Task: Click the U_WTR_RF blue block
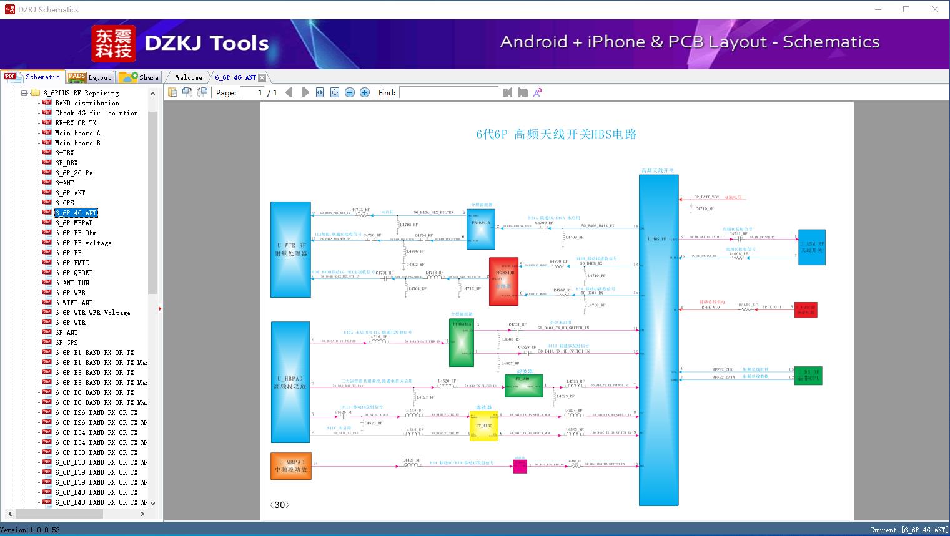click(x=290, y=250)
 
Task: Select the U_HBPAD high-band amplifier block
click(x=290, y=382)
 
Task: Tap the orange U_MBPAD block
click(x=291, y=466)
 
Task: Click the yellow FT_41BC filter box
click(x=484, y=426)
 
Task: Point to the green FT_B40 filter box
click(x=523, y=386)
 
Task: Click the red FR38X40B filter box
click(x=503, y=281)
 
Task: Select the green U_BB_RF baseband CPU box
click(x=809, y=376)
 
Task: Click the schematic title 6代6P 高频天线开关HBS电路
click(x=557, y=134)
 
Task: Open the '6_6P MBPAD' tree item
click(x=74, y=223)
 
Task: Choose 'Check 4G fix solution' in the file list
click(x=96, y=113)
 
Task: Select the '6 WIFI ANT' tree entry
click(x=74, y=303)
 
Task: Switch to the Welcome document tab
click(x=189, y=77)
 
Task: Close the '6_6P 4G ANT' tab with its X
click(x=262, y=77)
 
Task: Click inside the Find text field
click(x=448, y=92)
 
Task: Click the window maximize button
click(x=906, y=9)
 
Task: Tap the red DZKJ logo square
click(x=114, y=44)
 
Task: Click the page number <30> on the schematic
click(x=279, y=505)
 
